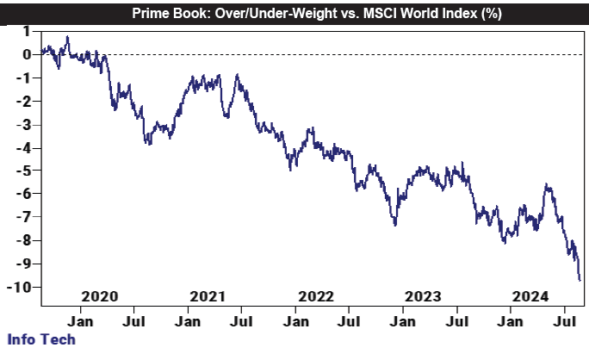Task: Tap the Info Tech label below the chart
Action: point(40,338)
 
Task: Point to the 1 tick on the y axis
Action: point(27,32)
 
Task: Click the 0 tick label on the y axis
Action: point(27,55)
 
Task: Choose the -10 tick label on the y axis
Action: point(20,287)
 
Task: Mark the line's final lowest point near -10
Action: point(580,280)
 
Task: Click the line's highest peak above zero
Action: point(67,37)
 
